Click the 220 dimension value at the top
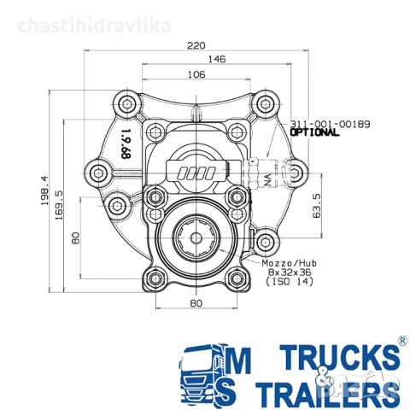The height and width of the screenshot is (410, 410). tap(198, 46)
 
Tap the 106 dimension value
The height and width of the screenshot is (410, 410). tap(197, 75)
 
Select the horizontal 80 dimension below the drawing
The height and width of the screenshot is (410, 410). tap(196, 303)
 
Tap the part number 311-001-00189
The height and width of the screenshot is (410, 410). tap(330, 125)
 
